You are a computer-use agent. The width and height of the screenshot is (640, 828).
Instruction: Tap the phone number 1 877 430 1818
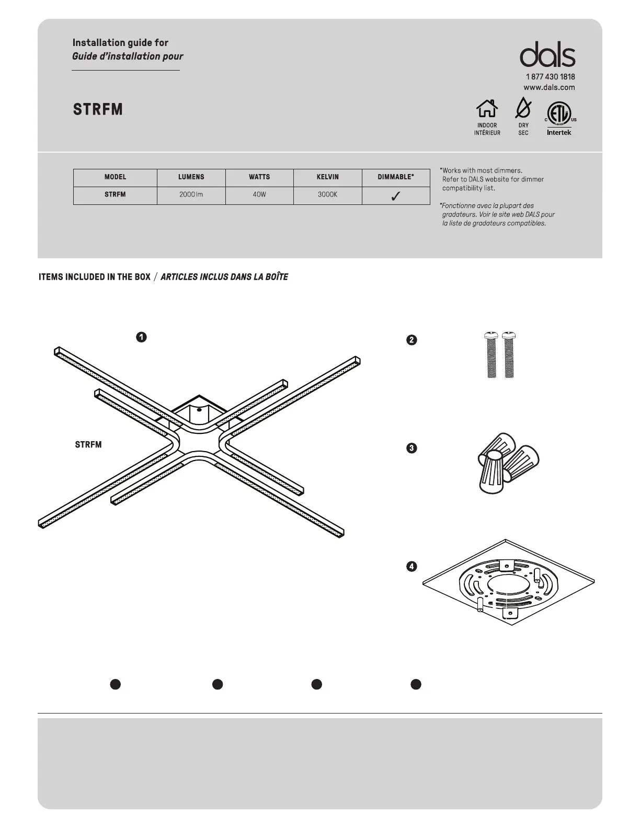tap(550, 77)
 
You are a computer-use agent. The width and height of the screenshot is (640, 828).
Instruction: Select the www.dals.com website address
tap(549, 87)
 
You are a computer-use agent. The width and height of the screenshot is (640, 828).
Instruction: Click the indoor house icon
tap(487, 109)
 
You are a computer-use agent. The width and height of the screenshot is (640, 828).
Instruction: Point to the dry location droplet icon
tap(523, 108)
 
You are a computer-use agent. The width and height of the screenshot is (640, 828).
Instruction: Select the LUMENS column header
tap(191, 177)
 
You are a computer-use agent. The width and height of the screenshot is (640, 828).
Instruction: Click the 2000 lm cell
tap(191, 194)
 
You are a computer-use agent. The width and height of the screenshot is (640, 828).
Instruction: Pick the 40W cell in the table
tap(259, 194)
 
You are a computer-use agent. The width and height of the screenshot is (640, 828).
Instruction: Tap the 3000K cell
tap(328, 194)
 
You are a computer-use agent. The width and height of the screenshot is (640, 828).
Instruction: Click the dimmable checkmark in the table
tap(396, 195)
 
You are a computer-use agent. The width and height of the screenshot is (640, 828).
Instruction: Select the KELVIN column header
tap(328, 177)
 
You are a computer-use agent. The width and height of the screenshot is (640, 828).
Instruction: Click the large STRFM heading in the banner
tap(98, 109)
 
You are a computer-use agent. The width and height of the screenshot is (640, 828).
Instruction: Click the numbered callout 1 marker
tap(141, 337)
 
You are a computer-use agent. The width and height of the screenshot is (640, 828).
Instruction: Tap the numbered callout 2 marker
tap(412, 340)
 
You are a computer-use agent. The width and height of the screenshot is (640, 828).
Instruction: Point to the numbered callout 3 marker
tap(412, 448)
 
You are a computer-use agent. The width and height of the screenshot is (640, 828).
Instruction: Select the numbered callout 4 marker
tap(412, 566)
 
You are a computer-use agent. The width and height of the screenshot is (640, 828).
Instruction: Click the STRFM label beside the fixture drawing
tap(88, 445)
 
